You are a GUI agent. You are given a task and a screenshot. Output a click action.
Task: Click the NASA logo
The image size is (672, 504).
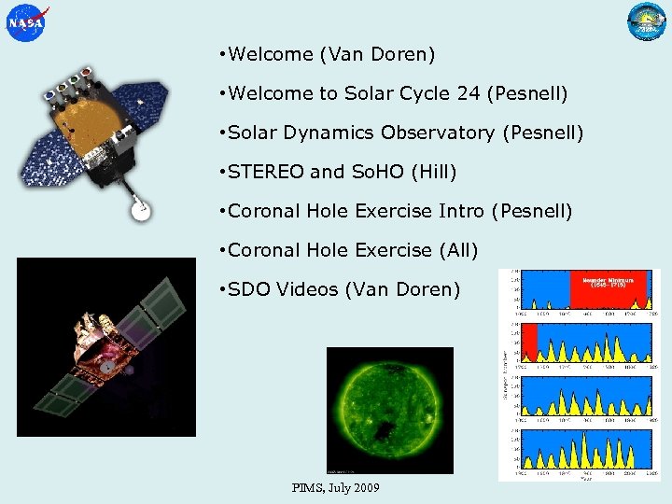point(25,22)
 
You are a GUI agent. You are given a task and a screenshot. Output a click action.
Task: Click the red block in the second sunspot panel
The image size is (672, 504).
point(530,342)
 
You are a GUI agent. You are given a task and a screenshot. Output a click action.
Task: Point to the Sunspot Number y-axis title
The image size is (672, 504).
point(504,373)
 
